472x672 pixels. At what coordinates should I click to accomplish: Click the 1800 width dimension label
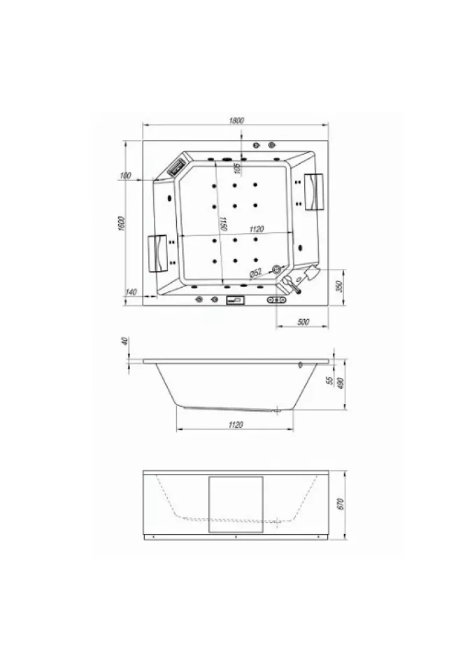236,120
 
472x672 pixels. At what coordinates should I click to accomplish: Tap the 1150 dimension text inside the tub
223,224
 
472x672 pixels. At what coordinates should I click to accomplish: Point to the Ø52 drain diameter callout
256,272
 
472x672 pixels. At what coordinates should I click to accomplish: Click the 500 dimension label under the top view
303,322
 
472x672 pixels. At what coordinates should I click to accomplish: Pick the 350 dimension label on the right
339,286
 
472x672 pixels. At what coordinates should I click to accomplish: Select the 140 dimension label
131,292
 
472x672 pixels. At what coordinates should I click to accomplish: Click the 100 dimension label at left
125,175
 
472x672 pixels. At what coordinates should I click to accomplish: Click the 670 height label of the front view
341,503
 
